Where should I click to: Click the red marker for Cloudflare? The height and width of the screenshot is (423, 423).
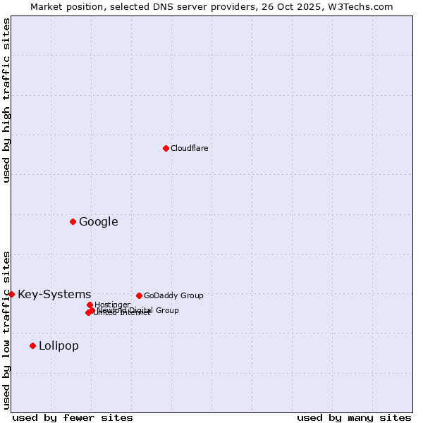click(x=166, y=148)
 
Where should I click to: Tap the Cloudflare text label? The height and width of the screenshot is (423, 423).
click(x=189, y=148)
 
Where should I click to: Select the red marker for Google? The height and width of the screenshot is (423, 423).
click(x=73, y=221)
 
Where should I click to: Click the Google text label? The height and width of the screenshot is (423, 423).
click(x=98, y=221)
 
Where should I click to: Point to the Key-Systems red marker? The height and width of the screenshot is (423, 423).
click(x=12, y=294)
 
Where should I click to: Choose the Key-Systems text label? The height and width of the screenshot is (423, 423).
click(x=54, y=294)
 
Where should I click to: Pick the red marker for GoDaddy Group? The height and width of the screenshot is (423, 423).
click(x=139, y=295)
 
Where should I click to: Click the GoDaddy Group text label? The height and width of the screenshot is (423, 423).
click(x=173, y=295)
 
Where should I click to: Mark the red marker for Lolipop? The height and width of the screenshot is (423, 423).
click(x=32, y=345)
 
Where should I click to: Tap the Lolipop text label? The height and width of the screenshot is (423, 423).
click(x=59, y=345)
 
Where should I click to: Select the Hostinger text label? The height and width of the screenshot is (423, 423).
click(x=112, y=305)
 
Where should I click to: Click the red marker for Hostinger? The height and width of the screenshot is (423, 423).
click(x=90, y=305)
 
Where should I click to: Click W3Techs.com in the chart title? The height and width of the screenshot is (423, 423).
click(x=360, y=6)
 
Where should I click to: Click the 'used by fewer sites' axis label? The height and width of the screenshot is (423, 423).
click(x=73, y=417)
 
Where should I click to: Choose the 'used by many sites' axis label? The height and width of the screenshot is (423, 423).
click(x=354, y=417)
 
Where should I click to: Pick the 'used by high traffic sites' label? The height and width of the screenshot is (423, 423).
click(x=6, y=100)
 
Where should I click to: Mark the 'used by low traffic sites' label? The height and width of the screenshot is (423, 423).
click(x=6, y=330)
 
